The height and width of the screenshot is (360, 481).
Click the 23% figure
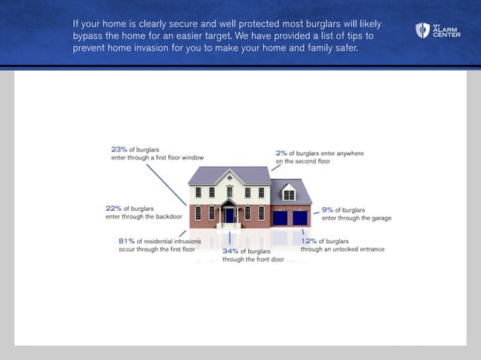(x=119, y=149)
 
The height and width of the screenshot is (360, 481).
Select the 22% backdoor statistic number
(x=113, y=208)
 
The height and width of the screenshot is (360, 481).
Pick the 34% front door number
(x=230, y=251)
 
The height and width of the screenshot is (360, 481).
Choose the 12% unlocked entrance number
(x=308, y=241)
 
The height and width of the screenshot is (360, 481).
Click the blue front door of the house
(x=229, y=215)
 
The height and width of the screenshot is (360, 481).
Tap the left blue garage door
(x=280, y=218)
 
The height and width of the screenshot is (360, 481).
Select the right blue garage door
(x=300, y=218)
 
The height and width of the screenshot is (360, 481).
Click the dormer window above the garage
(x=289, y=194)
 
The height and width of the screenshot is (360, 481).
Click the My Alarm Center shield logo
(x=421, y=31)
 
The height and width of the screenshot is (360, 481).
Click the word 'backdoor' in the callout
(x=170, y=216)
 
